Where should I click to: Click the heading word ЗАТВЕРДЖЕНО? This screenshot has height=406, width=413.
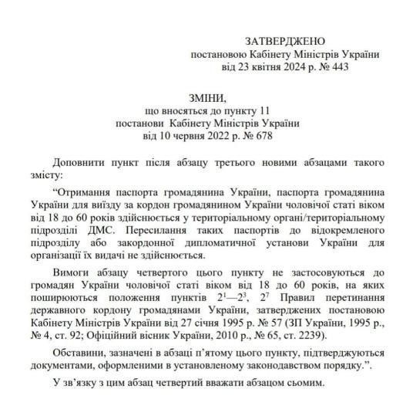[285, 40]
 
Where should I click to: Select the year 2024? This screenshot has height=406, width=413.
[299, 68]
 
